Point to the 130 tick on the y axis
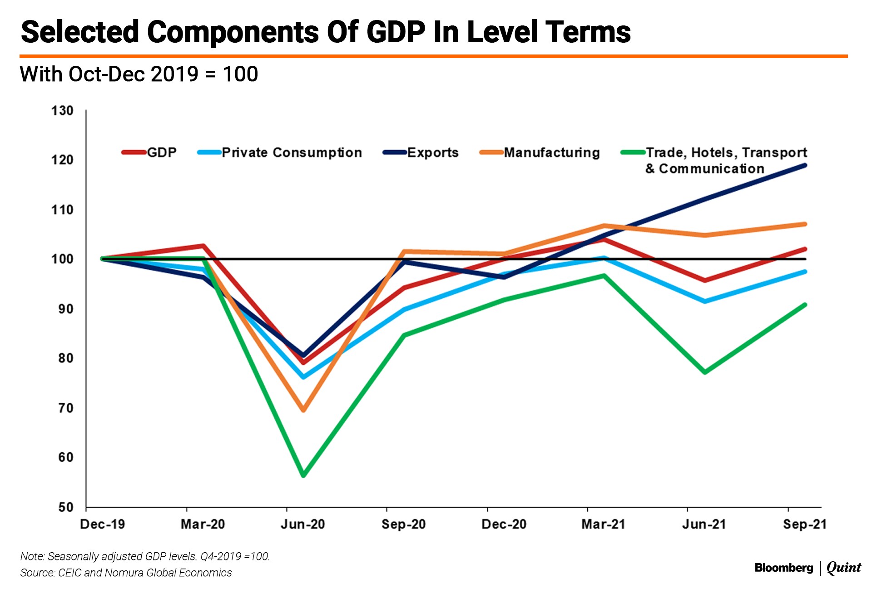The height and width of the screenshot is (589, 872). [62, 111]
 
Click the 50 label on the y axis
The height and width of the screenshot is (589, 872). [65, 507]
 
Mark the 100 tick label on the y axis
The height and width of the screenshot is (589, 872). [62, 259]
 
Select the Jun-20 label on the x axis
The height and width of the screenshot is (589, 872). [303, 525]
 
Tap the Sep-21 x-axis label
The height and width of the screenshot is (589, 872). [805, 525]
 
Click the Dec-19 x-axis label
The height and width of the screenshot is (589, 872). [103, 525]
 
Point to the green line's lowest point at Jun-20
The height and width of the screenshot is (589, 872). [303, 475]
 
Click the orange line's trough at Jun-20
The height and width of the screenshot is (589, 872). [303, 410]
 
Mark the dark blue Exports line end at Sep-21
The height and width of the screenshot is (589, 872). [805, 165]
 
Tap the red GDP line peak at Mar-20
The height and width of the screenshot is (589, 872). [203, 246]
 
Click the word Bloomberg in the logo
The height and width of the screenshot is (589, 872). [784, 568]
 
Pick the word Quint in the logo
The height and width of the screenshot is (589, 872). [843, 568]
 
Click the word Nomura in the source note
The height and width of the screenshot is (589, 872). [124, 573]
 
